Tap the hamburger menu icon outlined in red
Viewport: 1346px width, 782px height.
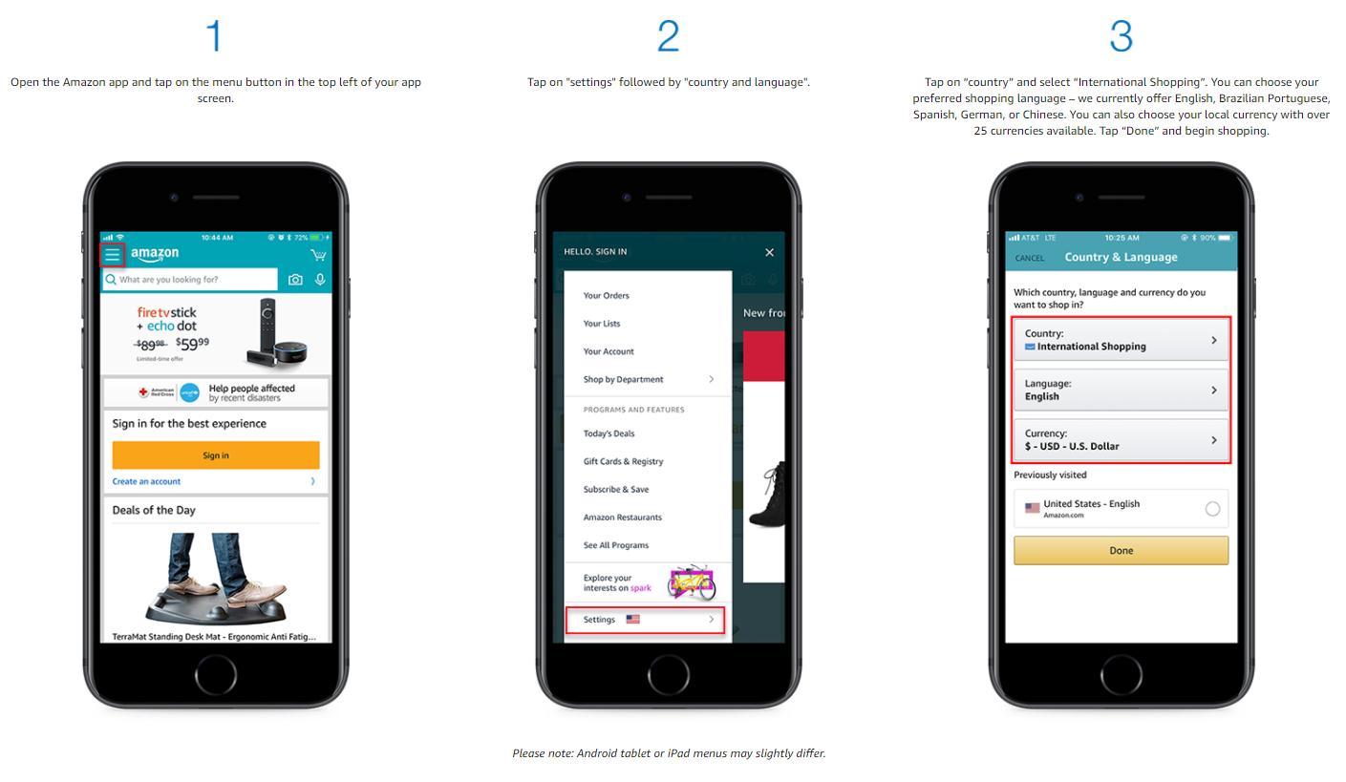click(113, 255)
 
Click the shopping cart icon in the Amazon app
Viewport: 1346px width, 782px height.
click(318, 255)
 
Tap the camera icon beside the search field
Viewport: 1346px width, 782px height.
click(295, 279)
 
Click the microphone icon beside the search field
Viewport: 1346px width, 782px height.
click(320, 279)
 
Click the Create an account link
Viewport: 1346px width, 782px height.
click(146, 481)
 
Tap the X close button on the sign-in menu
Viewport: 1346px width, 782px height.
click(769, 252)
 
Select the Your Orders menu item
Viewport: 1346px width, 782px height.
click(607, 295)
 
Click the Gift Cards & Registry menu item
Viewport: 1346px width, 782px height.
click(623, 461)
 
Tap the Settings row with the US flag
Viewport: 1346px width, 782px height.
click(645, 620)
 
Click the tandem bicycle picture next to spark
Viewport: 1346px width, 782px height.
click(693, 582)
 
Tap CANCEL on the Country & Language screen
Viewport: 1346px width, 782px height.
click(1030, 258)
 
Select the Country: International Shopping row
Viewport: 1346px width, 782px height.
click(1121, 340)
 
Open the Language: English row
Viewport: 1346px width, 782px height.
click(1121, 390)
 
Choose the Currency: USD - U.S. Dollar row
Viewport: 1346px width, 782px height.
click(1121, 439)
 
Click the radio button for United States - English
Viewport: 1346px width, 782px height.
click(1212, 509)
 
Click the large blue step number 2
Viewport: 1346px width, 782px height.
click(668, 35)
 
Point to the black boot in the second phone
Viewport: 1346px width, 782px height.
click(768, 495)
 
